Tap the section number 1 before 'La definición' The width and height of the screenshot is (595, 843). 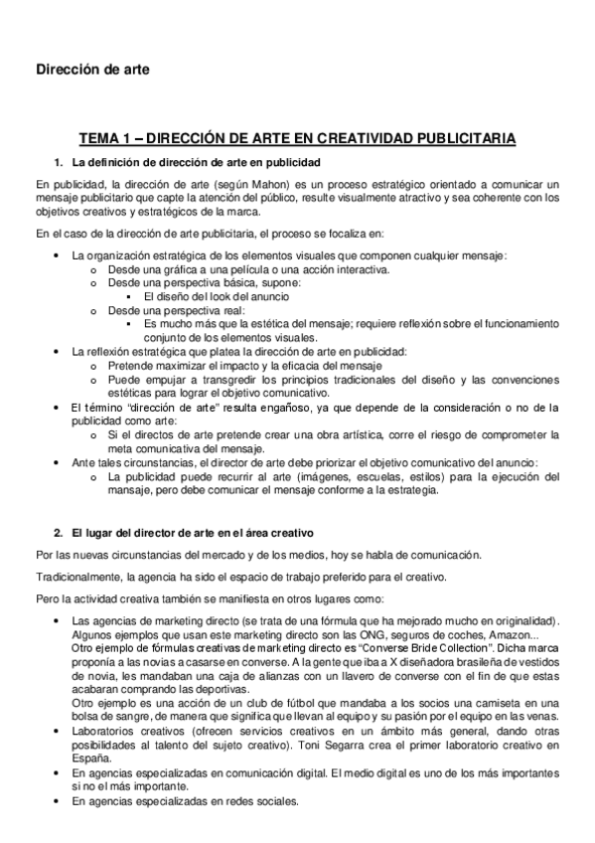58,161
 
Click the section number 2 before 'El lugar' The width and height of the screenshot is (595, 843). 58,534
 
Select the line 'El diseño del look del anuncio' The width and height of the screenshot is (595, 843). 216,296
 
